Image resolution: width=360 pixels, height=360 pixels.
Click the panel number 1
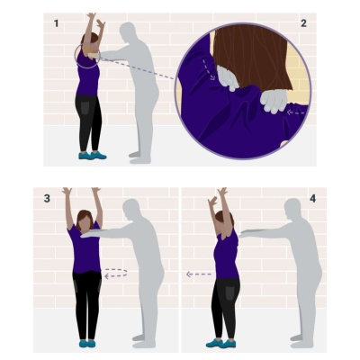[56, 23]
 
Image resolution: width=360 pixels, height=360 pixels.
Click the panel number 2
[303, 23]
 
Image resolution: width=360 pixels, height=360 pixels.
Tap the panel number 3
[47, 198]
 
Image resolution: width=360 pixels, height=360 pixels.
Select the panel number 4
[313, 198]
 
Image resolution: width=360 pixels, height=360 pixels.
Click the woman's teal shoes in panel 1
[93, 155]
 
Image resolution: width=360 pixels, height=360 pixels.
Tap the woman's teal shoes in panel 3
[87, 344]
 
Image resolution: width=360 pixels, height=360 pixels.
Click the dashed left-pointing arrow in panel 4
[199, 274]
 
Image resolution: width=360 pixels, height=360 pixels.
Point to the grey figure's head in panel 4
[292, 209]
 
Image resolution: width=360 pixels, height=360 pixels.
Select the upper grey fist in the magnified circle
[228, 78]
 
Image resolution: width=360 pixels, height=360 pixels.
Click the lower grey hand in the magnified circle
[274, 101]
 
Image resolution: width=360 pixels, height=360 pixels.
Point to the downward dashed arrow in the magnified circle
[208, 69]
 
